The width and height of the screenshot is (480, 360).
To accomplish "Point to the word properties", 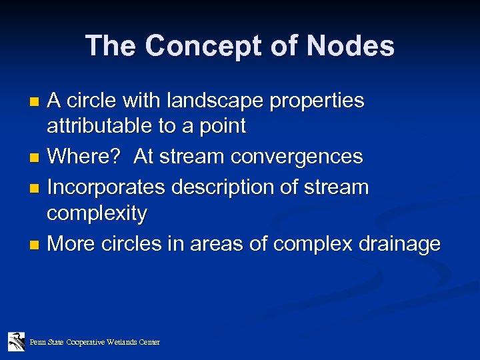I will [x=320, y=101].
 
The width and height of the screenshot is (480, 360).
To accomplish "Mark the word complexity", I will [x=97, y=214].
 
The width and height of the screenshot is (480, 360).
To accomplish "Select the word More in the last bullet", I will [x=71, y=244].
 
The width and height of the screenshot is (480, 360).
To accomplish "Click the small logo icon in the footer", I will [x=16, y=341].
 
